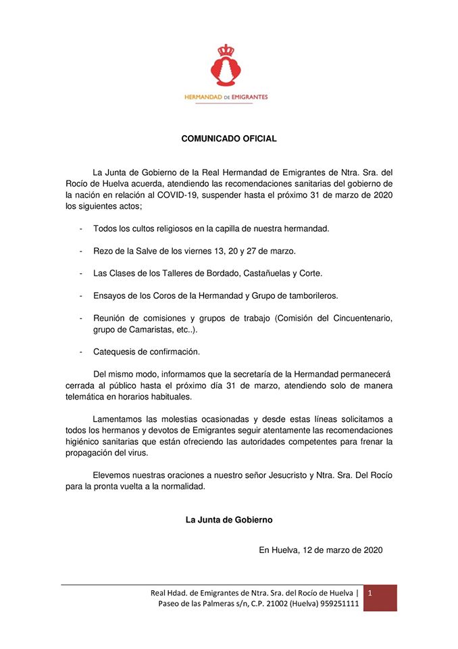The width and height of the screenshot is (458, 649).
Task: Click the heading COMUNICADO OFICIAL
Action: point(229,139)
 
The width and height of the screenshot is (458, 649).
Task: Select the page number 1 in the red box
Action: point(370,593)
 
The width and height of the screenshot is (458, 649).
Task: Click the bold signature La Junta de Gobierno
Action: point(229,520)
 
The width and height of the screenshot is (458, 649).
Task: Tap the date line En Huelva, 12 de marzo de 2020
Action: point(321,550)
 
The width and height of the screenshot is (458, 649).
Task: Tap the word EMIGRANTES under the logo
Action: point(248,97)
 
